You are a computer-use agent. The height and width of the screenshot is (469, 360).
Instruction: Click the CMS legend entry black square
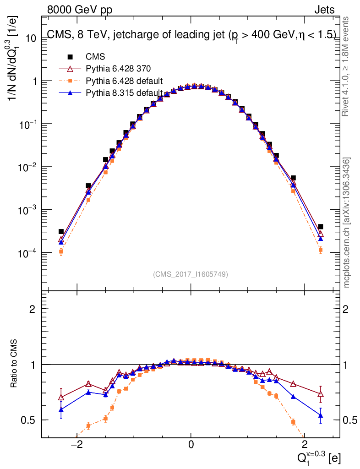[x=70, y=57]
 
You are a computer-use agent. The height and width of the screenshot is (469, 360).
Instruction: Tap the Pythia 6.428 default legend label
[x=124, y=81]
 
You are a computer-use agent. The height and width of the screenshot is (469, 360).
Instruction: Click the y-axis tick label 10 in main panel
[x=31, y=38]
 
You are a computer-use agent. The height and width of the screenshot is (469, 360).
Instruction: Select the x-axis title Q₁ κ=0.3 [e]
[x=317, y=457]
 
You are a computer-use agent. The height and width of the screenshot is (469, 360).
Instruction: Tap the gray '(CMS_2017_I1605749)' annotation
[x=191, y=274]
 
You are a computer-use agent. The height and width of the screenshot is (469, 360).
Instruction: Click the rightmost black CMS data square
[x=321, y=227]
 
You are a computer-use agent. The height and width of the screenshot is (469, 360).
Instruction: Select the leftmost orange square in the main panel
[x=61, y=251]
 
